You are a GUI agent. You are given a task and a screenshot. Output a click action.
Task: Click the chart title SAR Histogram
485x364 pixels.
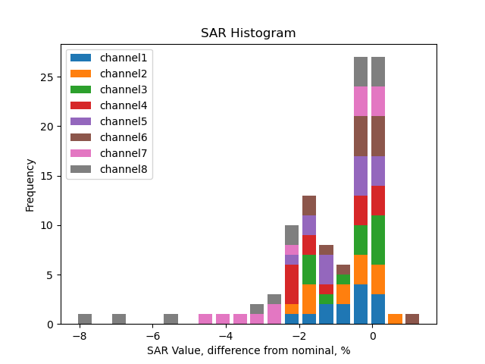(248, 33)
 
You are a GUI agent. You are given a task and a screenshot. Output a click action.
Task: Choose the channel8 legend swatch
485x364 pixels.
(81, 169)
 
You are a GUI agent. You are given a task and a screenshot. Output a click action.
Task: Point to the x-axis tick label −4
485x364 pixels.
(224, 336)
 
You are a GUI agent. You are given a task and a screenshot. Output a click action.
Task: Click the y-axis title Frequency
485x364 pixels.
(30, 184)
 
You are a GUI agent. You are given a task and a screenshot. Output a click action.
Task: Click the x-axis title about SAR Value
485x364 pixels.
(248, 351)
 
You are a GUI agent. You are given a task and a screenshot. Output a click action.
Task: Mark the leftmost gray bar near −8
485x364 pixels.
(85, 319)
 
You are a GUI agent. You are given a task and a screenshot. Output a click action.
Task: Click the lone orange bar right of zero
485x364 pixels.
(395, 319)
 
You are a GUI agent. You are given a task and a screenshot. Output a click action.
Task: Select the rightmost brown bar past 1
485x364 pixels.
(412, 319)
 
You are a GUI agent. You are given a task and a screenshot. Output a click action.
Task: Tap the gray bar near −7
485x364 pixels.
(119, 319)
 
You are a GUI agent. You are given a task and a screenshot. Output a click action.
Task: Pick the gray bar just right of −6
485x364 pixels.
(171, 319)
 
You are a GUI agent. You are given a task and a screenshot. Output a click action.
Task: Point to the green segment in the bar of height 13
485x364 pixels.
(309, 269)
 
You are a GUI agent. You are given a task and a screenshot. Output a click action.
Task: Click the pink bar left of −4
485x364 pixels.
(205, 319)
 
